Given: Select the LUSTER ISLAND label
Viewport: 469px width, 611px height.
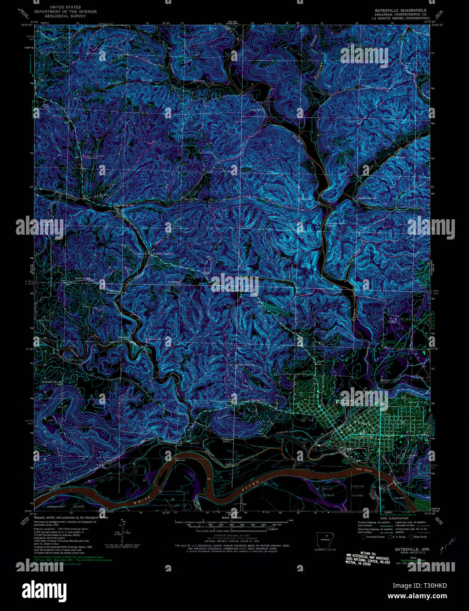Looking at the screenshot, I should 358,491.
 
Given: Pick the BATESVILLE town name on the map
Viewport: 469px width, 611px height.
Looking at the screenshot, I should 363,437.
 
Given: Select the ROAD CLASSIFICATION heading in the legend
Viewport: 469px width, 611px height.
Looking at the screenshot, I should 390,518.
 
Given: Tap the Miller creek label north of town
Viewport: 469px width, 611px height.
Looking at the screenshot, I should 384,378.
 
